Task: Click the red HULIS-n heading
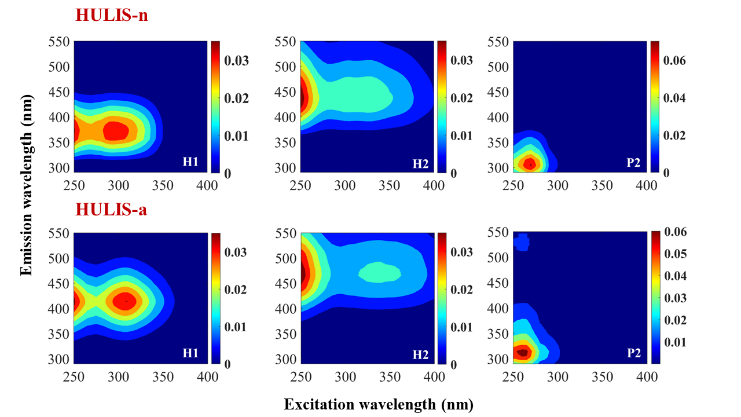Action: (x=111, y=16)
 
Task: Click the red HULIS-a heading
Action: (x=111, y=209)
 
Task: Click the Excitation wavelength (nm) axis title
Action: (x=379, y=404)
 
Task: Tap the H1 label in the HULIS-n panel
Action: (x=191, y=162)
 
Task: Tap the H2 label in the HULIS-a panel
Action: (x=421, y=353)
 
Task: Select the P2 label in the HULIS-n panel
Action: (x=634, y=162)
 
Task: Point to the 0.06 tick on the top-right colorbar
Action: (x=674, y=60)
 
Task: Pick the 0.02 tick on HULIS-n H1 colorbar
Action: (x=236, y=98)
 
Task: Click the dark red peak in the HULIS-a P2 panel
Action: (x=523, y=352)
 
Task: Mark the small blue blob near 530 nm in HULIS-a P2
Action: (x=522, y=242)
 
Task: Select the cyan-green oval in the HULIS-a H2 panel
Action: (x=379, y=272)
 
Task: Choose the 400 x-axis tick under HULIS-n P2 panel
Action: (x=646, y=185)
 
